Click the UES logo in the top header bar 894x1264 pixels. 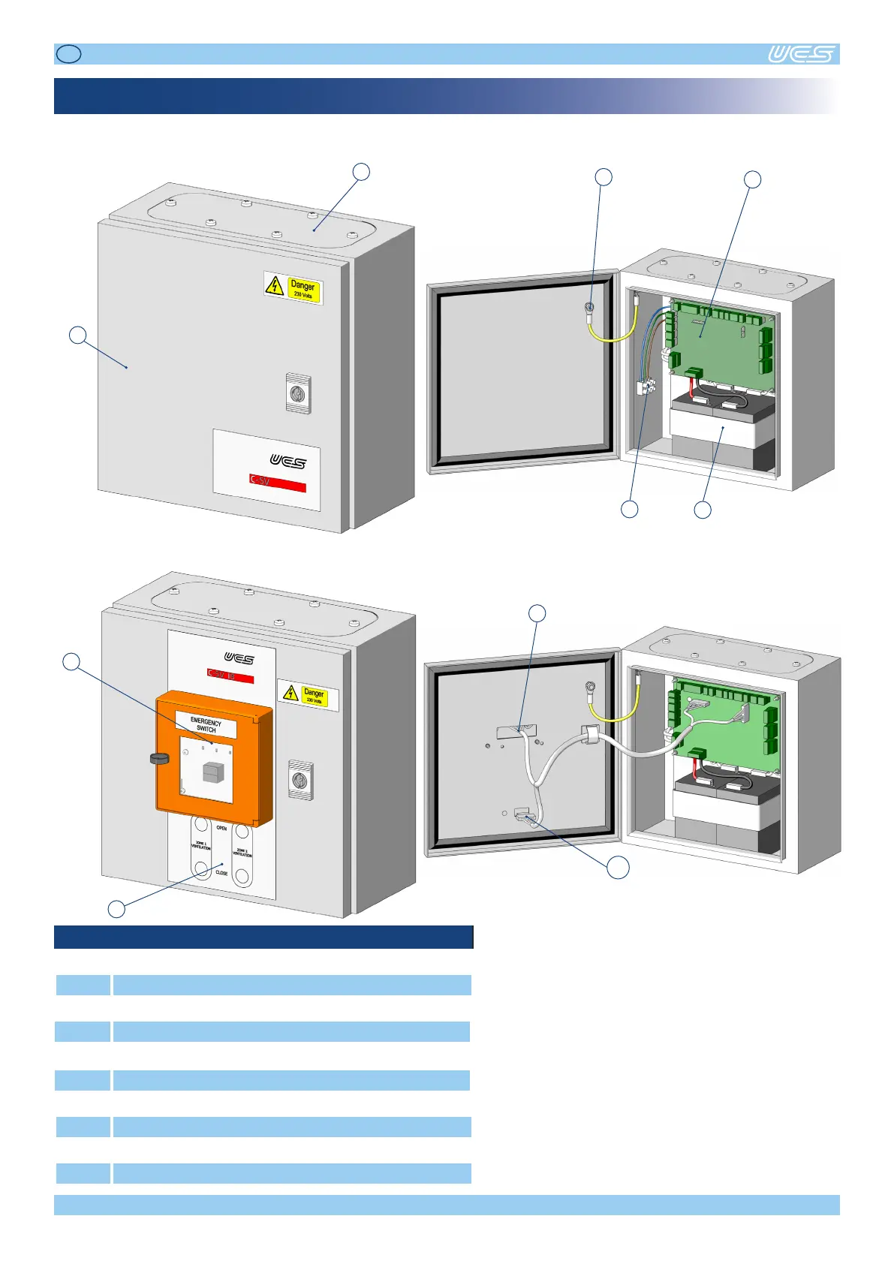tap(801, 54)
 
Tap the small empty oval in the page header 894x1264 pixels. tap(69, 53)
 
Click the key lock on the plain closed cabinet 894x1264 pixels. tap(298, 393)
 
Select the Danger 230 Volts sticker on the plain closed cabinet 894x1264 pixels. tap(293, 287)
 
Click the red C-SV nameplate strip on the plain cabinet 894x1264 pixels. tap(277, 483)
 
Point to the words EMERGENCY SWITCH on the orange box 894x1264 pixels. tap(206, 725)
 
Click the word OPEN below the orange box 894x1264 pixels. tap(221, 828)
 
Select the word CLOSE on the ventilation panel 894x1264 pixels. tap(221, 873)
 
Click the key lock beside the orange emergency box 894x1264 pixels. tap(301, 781)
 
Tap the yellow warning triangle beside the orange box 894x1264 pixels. tap(290, 693)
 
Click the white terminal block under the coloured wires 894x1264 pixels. tap(646, 387)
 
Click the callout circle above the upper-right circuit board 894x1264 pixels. tap(752, 179)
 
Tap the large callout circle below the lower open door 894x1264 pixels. tap(618, 867)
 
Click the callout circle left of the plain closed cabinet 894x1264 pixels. tap(77, 335)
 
